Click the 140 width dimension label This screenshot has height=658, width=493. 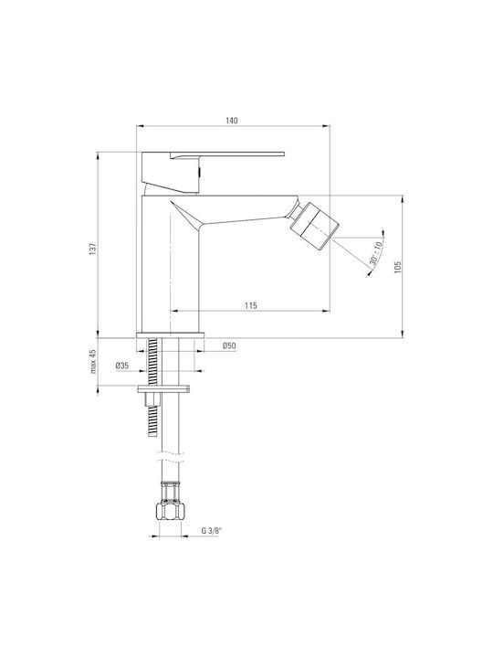[231, 121]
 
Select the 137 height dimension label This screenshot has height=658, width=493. [93, 248]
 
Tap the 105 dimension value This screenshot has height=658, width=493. [398, 267]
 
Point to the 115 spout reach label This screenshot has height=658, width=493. [251, 305]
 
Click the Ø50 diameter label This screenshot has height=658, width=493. [229, 345]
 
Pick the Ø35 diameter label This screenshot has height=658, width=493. [122, 366]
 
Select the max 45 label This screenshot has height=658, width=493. [93, 361]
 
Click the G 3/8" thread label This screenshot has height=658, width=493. [211, 530]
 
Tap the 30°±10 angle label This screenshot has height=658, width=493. [376, 253]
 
